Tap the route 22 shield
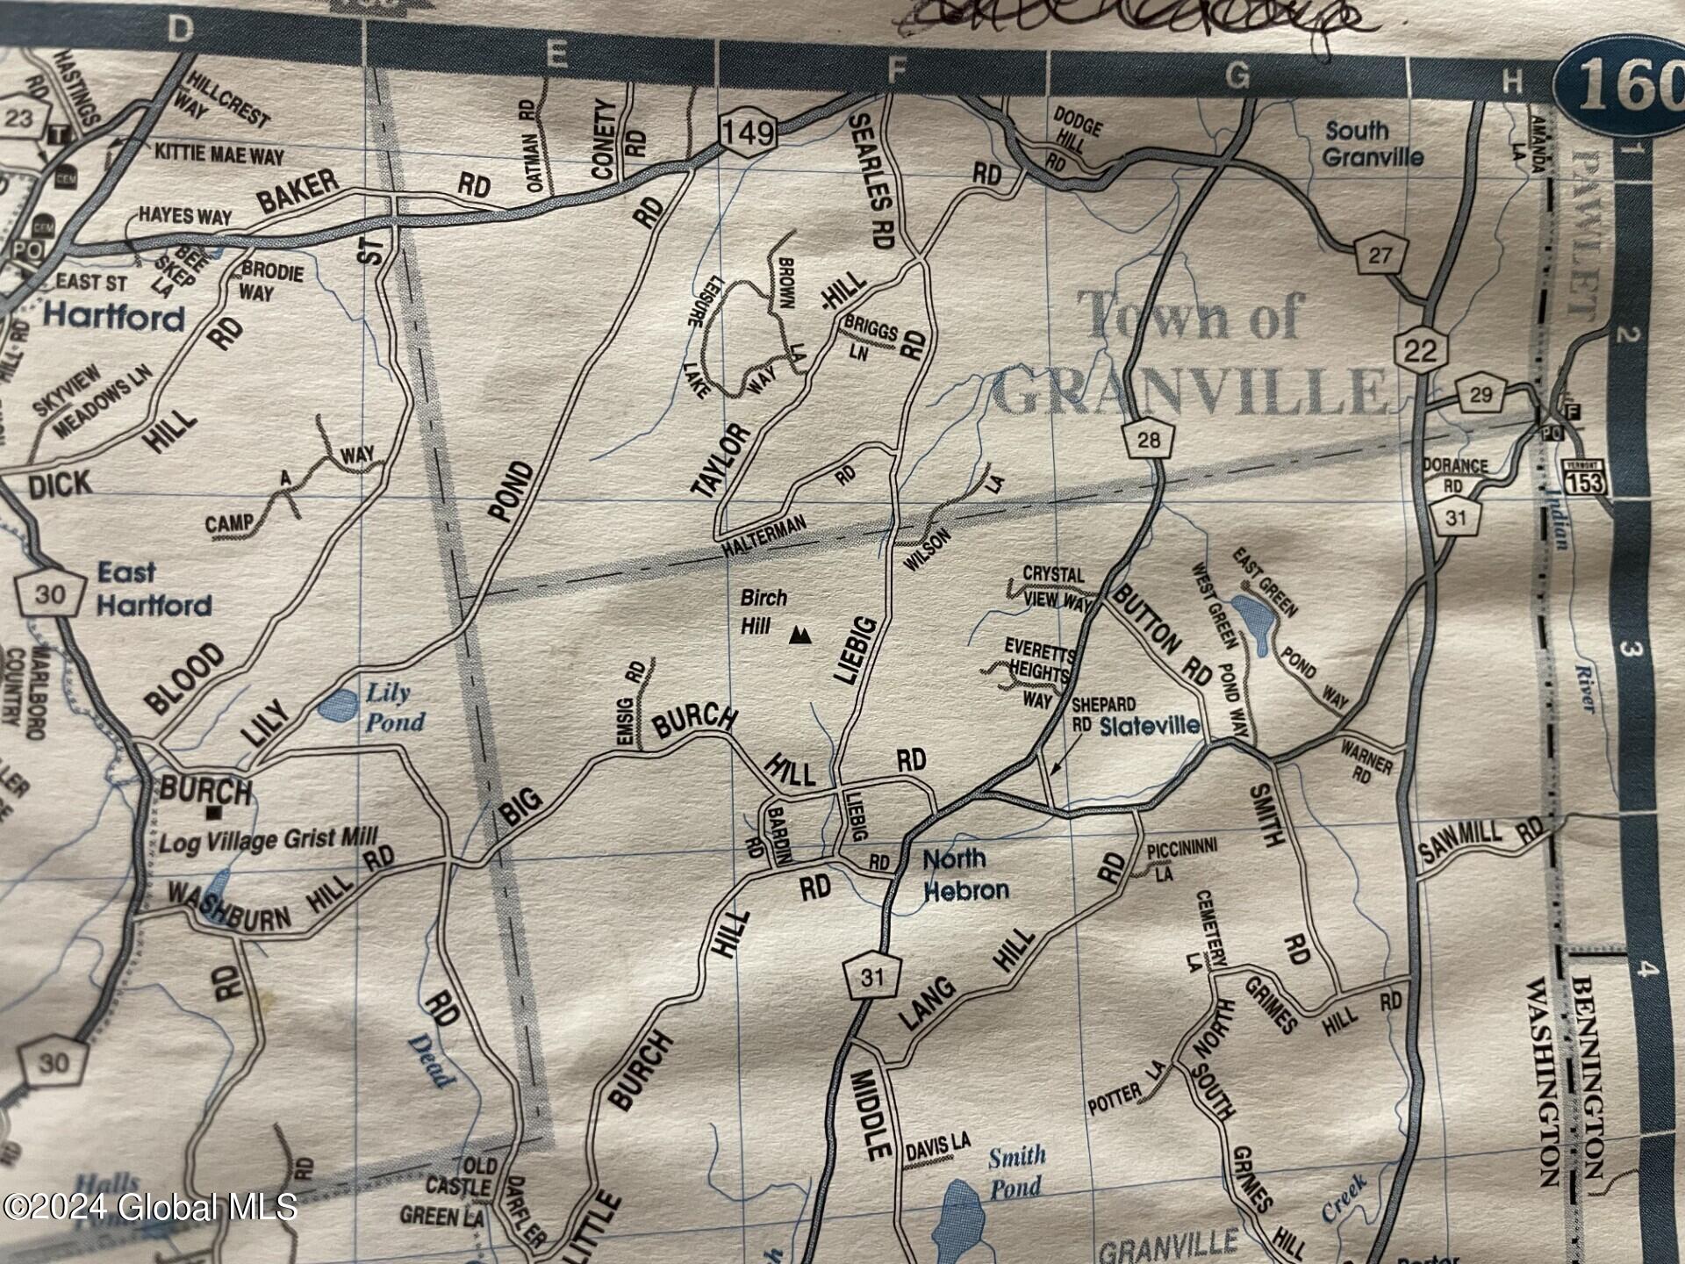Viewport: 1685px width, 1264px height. pyautogui.click(x=1419, y=350)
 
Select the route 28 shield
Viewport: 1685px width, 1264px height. pyautogui.click(x=1148, y=439)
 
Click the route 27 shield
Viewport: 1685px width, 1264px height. pyautogui.click(x=1380, y=255)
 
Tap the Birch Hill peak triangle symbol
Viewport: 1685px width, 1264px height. pyautogui.click(x=799, y=635)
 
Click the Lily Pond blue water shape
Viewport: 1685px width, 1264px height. pyautogui.click(x=338, y=703)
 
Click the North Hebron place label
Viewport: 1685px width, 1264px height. pyautogui.click(x=965, y=874)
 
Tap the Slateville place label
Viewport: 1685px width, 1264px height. pyautogui.click(x=1150, y=726)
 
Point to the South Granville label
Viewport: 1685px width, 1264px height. pyautogui.click(x=1372, y=144)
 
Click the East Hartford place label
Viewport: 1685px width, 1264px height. pyautogui.click(x=154, y=589)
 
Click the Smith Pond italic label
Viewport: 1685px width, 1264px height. pyautogui.click(x=1015, y=1172)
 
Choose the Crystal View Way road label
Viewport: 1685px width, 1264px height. pyautogui.click(x=1056, y=586)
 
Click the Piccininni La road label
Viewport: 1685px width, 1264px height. pyautogui.click(x=1180, y=857)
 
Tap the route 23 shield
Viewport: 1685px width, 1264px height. pyautogui.click(x=19, y=118)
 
